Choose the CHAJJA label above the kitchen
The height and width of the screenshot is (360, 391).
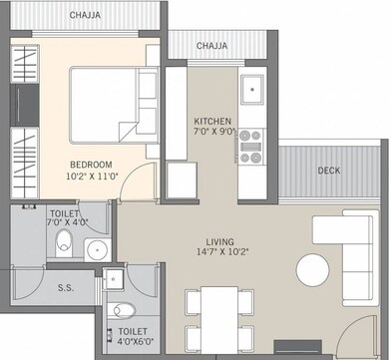click(x=210, y=46)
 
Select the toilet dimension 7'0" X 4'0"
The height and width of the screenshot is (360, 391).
click(x=68, y=223)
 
